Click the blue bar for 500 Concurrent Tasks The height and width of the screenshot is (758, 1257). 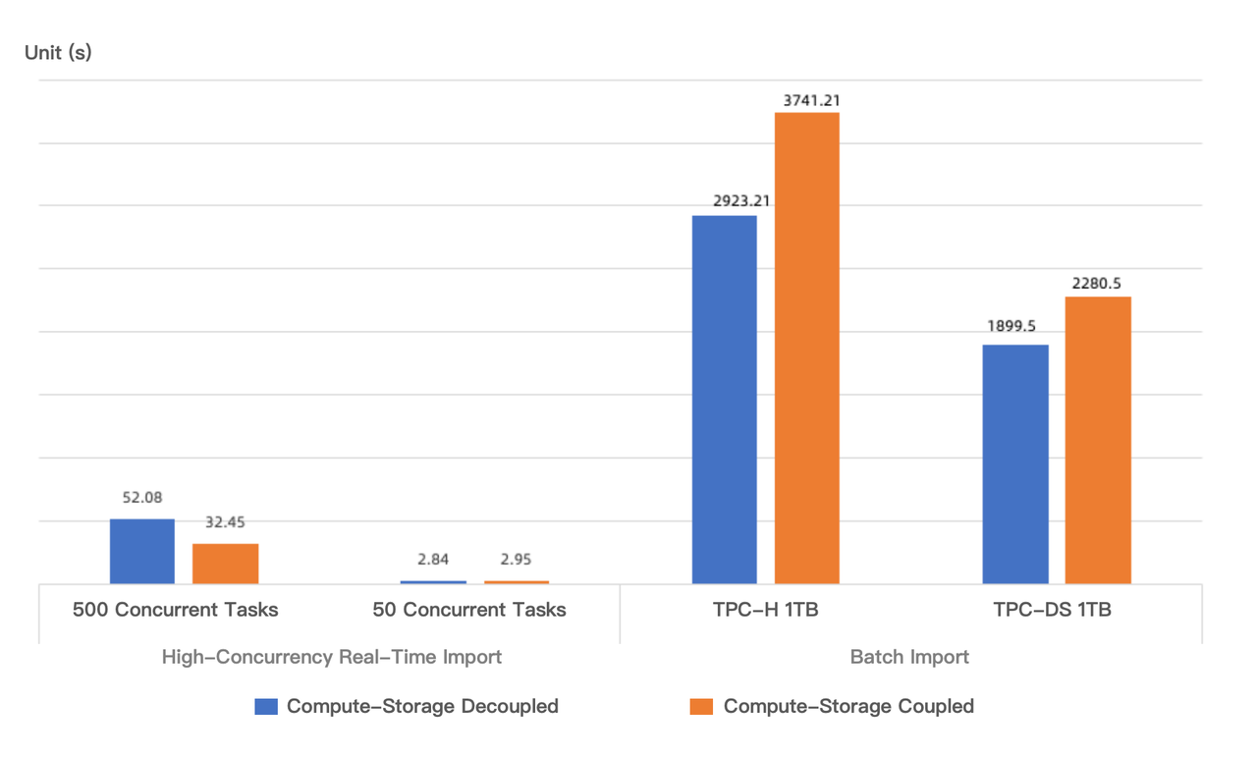142,551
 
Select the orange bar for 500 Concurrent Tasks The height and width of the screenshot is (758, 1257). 225,564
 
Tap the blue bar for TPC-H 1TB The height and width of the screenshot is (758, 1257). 725,400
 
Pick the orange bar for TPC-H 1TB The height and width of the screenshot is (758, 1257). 807,349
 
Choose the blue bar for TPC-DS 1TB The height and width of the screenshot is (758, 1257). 1015,464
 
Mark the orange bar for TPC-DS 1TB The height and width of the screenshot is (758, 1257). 1098,440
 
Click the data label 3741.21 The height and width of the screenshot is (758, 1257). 811,100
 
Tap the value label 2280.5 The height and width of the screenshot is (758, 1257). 1097,284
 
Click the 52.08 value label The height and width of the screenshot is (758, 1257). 142,499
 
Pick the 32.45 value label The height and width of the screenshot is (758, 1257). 225,522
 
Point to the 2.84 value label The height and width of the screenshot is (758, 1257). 433,560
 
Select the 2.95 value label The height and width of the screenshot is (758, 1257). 516,560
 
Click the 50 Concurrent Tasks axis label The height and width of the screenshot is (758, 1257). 469,610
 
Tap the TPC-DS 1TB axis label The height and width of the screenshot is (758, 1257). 1052,610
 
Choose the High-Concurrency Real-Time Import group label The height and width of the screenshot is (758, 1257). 332,657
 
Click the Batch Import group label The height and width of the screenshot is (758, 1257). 909,657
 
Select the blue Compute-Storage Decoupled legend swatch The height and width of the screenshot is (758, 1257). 266,706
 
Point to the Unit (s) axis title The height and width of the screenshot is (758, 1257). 58,52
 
